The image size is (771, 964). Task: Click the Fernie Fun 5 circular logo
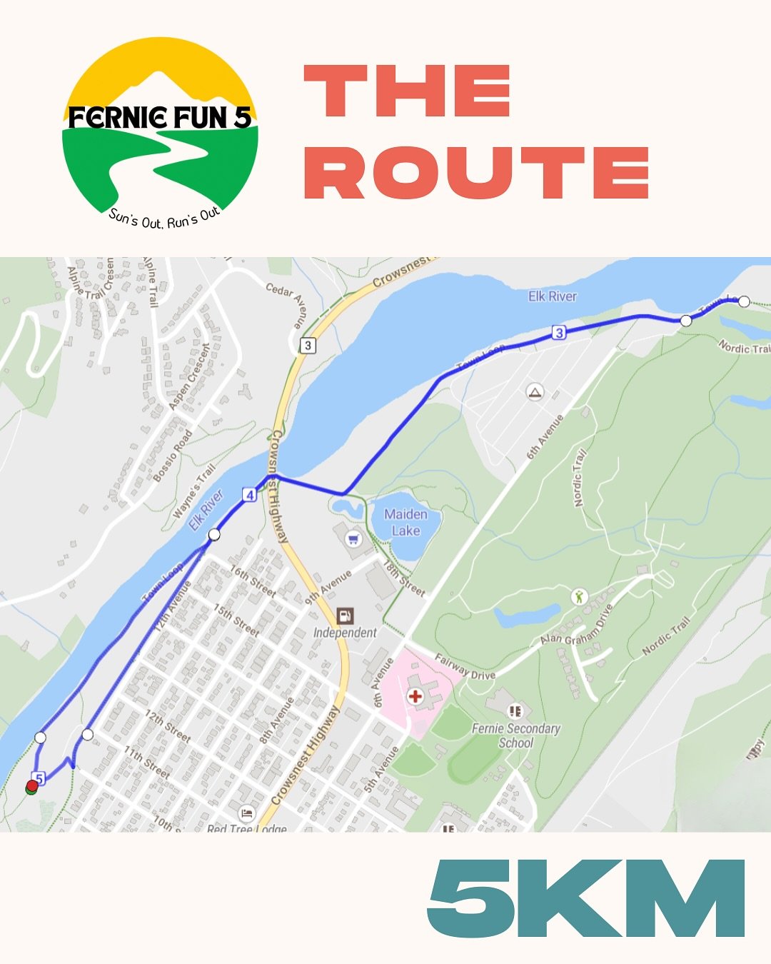click(160, 133)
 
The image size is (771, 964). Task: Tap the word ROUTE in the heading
click(476, 173)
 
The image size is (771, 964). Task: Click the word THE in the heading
click(407, 91)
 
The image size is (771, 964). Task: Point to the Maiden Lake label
click(405, 522)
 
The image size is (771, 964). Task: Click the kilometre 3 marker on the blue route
click(559, 332)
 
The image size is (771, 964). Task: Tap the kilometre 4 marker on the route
click(249, 495)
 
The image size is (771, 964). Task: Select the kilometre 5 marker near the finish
click(39, 778)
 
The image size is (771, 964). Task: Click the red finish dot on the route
click(31, 786)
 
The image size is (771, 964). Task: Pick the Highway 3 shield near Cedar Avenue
click(308, 346)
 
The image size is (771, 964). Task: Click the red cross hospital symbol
click(415, 696)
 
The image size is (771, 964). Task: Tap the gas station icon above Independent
click(346, 616)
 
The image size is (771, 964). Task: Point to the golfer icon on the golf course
click(579, 596)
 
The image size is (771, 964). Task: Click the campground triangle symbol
click(535, 391)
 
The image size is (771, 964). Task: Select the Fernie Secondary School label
click(515, 735)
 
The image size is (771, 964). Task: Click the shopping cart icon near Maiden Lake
click(353, 538)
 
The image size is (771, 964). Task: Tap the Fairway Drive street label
click(465, 667)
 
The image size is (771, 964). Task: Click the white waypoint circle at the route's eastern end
click(744, 301)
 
